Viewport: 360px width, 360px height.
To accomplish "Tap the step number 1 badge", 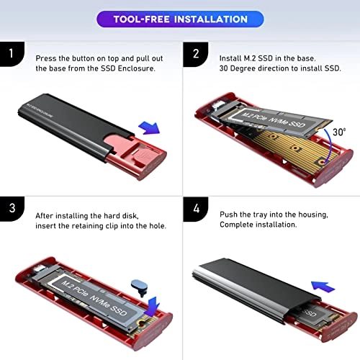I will (x=9, y=54).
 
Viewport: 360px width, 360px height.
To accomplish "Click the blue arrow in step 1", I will (x=148, y=129).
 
